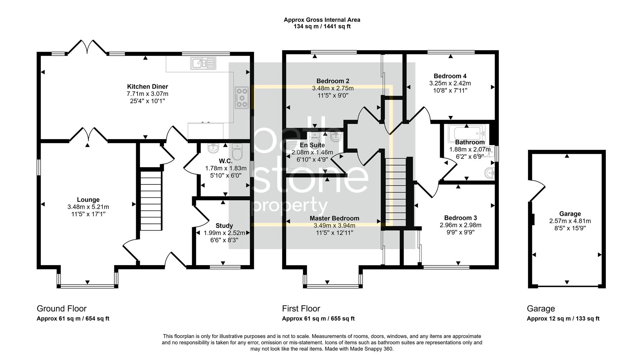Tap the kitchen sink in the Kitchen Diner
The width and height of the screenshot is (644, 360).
(203, 63)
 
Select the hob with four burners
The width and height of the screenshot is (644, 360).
(242, 98)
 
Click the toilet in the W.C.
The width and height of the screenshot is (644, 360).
(237, 152)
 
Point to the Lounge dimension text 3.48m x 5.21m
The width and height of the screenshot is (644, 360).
(88, 207)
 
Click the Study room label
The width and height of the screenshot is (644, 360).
(224, 226)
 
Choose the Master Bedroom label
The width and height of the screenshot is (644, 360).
(334, 218)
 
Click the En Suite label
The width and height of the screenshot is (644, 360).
(312, 145)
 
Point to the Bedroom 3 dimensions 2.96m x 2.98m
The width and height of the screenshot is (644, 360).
(461, 225)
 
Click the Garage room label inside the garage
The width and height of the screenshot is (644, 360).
(570, 214)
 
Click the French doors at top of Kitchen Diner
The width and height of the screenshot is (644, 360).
(87, 47)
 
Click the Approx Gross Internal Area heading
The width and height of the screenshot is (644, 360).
(322, 20)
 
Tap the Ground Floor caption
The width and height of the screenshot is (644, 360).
(61, 308)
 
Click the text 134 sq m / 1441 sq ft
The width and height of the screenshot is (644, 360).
(322, 26)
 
